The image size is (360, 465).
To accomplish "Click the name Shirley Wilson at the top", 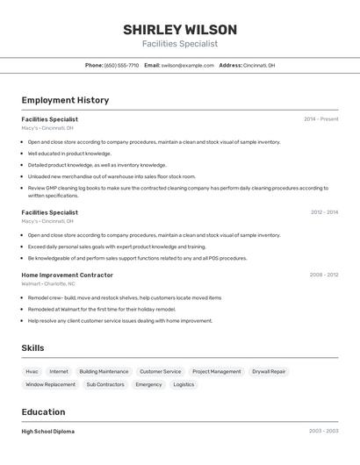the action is click(x=179, y=30).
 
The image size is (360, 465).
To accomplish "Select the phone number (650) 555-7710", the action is click(x=121, y=65).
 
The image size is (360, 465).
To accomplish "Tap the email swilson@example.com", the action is click(x=188, y=65).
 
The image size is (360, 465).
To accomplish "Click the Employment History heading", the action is click(x=65, y=100).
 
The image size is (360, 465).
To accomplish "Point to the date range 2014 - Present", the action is click(x=320, y=119).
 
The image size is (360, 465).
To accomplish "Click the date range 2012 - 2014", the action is click(x=324, y=212).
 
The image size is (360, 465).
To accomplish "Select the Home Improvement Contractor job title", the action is click(x=67, y=275).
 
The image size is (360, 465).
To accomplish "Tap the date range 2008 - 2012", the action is click(x=323, y=275).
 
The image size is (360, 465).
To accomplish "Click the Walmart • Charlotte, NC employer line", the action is click(x=48, y=284).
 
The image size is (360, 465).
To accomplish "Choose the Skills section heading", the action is click(x=32, y=348).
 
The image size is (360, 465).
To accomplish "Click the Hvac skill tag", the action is click(x=32, y=371).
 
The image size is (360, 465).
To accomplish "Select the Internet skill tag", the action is click(x=59, y=371).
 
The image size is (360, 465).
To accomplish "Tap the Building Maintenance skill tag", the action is click(x=104, y=371).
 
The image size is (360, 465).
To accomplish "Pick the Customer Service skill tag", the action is click(x=160, y=371).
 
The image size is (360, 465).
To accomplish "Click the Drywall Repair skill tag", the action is click(x=269, y=371).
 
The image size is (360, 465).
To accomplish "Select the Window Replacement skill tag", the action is click(x=50, y=384).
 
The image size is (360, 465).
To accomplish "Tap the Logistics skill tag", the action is click(x=184, y=384).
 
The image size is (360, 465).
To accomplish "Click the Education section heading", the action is click(x=43, y=411).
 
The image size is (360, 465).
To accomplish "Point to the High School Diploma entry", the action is click(x=48, y=432).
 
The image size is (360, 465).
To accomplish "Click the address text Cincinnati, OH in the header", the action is click(x=259, y=65).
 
